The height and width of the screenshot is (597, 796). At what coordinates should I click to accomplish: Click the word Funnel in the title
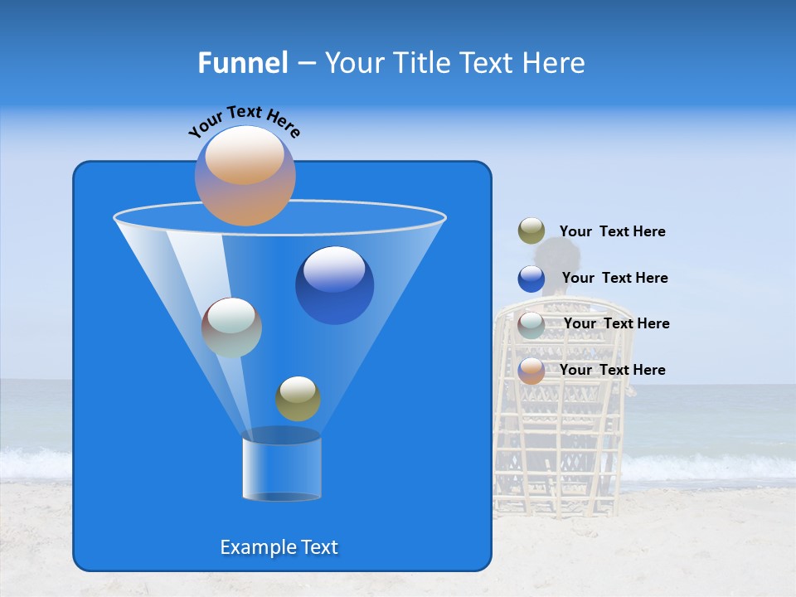point(243,63)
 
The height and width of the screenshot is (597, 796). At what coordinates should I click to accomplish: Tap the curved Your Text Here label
point(245,121)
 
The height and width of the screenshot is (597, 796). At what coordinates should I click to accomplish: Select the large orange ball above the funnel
point(245,176)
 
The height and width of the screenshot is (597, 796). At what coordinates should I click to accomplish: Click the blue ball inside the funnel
point(334,285)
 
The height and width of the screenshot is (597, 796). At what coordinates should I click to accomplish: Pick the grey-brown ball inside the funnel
point(231,328)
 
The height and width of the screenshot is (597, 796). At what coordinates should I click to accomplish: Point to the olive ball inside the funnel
point(298,398)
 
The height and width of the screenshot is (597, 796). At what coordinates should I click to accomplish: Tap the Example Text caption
point(279,547)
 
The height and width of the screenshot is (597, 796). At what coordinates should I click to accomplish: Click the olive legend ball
point(531,231)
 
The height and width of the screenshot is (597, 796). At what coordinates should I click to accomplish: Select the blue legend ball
point(531,279)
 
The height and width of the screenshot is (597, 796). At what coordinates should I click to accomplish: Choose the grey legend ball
point(531,324)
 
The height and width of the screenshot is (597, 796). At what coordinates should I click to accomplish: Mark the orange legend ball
point(531,371)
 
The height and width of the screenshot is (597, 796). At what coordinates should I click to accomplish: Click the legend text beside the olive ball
point(612,232)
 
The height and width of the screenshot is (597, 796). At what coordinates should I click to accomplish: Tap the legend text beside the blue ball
point(614,278)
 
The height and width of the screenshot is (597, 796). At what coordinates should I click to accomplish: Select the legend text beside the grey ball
point(616,323)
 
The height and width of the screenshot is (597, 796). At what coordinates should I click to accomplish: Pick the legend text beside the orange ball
point(612,370)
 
